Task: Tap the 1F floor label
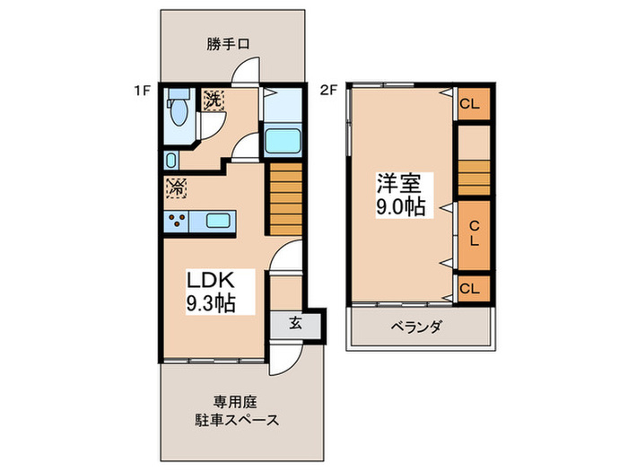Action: click(141, 91)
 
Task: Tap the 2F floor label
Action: click(328, 91)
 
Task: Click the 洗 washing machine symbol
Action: click(213, 100)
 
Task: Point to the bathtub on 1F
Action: click(284, 142)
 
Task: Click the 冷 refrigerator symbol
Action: click(176, 188)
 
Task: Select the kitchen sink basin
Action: click(218, 221)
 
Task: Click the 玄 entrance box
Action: click(295, 325)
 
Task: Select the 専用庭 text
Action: click(234, 402)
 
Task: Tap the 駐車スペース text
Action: click(234, 420)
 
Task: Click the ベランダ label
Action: click(415, 327)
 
